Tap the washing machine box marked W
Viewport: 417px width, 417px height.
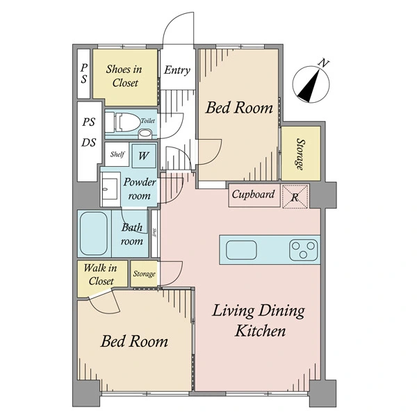144,156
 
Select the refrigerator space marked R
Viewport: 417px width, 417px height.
295,196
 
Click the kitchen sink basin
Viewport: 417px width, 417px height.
241,250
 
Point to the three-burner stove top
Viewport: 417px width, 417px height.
304,250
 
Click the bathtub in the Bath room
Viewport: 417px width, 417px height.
94,234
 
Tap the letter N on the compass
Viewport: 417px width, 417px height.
324,63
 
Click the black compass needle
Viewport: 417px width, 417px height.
309,85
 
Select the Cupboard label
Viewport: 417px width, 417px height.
253,194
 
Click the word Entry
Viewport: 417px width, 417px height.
177,70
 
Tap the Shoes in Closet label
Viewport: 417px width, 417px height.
124,76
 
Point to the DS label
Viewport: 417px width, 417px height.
88,142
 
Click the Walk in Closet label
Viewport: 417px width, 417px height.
101,275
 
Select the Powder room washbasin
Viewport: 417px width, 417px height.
110,188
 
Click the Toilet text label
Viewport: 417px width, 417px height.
147,121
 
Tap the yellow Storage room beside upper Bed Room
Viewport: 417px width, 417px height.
301,154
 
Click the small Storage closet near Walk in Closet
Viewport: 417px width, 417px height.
144,274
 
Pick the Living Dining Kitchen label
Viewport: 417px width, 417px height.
259,321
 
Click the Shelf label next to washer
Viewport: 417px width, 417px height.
117,154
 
